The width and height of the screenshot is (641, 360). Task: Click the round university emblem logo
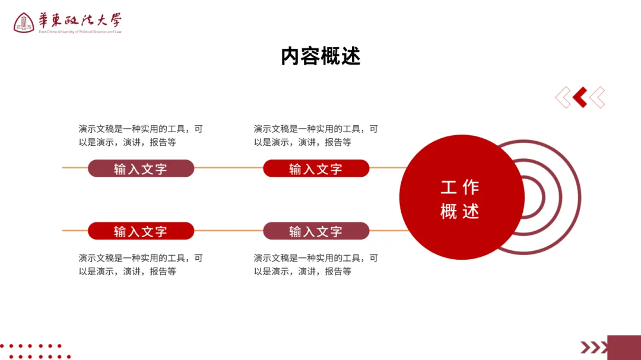coord(24,23)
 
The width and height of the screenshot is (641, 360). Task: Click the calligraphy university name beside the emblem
coord(80,20)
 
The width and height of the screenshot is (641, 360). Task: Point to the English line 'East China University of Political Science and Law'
coord(80,32)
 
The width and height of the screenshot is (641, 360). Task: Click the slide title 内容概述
coord(320,56)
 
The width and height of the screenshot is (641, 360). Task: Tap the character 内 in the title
coord(291,56)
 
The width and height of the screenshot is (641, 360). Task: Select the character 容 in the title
coord(310,56)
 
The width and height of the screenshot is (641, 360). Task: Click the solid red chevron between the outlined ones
coord(580,97)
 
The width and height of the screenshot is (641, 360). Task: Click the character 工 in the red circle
coord(449,187)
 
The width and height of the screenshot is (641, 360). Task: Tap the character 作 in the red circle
coord(471,187)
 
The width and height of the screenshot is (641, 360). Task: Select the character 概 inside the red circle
coord(449,211)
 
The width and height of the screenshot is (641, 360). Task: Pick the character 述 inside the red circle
coord(471,211)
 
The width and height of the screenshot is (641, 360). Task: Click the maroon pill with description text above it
coord(141,168)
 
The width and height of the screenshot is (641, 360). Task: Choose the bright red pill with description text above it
coord(316,168)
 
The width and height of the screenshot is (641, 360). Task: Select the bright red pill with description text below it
coord(141,231)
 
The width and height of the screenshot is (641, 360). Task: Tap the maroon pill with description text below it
coord(316,231)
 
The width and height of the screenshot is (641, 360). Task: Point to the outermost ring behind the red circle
coord(578,197)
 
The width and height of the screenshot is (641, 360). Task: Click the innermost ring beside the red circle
coord(542,197)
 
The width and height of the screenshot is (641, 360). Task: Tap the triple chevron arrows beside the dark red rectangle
coord(594,347)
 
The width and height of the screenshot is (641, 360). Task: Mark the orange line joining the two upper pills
coord(229,168)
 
